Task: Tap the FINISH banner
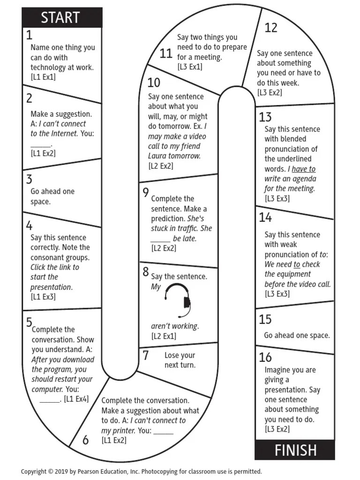[x=295, y=450]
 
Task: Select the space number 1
[x=29, y=35]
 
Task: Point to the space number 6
[x=85, y=440]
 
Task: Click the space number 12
[x=271, y=28]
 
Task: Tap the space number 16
[x=265, y=357]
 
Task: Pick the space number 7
[x=146, y=355]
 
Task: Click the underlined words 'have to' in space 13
[x=303, y=169]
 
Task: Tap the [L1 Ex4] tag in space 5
[x=76, y=399]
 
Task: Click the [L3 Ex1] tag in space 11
[x=190, y=67]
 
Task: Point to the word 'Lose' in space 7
[x=172, y=355]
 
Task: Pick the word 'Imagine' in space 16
[x=277, y=370]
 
